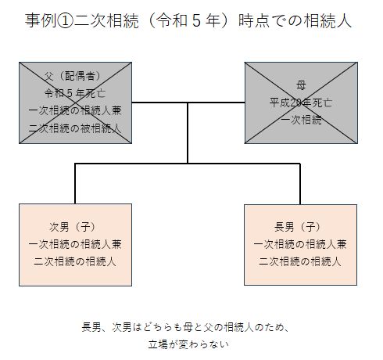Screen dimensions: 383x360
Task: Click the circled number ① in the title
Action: tap(65, 21)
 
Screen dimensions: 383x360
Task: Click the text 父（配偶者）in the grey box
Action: tap(73, 76)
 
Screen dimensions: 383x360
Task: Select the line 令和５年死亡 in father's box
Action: tap(75, 93)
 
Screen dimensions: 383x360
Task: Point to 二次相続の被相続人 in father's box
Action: tap(75, 128)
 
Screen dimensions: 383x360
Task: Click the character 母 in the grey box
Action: tap(301, 85)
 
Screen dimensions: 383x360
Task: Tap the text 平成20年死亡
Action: tap(301, 103)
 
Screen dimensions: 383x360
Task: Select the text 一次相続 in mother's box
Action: tap(301, 120)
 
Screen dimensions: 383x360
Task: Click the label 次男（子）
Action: tap(73, 227)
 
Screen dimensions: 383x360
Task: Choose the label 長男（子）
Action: tap(298, 227)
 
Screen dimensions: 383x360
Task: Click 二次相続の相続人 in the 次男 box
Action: tap(75, 261)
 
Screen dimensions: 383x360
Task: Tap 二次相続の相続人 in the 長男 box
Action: tap(300, 261)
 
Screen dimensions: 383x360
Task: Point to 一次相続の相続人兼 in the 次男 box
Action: tap(75, 244)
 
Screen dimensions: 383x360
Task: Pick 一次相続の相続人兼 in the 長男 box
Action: tap(300, 244)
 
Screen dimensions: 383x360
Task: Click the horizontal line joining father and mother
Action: tap(188, 103)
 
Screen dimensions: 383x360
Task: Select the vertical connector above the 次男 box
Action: tap(75, 184)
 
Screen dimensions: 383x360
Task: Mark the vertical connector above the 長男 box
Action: tap(300, 184)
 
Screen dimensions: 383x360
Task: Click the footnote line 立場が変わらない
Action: tap(188, 344)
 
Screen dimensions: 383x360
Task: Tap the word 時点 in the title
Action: tap(254, 21)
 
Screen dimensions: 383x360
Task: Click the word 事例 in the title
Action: tap(41, 21)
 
